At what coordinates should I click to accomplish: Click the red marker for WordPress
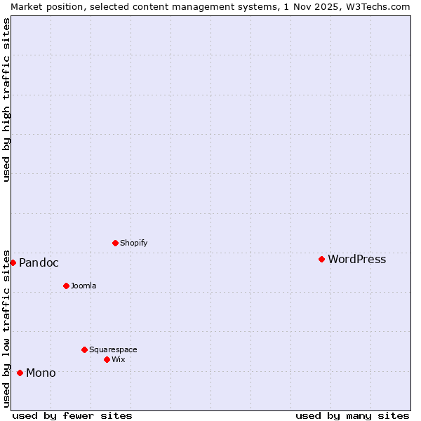coord(321,259)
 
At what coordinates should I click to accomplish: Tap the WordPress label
coord(356,260)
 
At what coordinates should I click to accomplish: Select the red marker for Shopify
coord(115,243)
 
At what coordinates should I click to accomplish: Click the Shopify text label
coord(133,243)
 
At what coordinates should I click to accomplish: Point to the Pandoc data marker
coord(13,262)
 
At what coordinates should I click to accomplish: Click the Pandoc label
coord(39,263)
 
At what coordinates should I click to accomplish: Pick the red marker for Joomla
coord(66,286)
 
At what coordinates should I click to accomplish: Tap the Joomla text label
coord(83,286)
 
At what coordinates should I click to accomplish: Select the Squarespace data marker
coord(84,349)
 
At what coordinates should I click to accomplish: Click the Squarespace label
coord(113,350)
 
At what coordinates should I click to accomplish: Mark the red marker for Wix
coord(107,359)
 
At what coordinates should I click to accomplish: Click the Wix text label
coord(118,360)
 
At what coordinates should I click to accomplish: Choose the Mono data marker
coord(20,373)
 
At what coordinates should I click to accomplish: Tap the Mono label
coord(41,373)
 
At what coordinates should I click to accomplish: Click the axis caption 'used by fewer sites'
coord(72,415)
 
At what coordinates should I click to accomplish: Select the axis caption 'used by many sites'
coord(352,415)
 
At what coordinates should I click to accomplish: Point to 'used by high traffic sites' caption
coord(6,100)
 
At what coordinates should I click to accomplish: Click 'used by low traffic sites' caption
coord(6,328)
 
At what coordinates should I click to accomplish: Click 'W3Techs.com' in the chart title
coord(382,6)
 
